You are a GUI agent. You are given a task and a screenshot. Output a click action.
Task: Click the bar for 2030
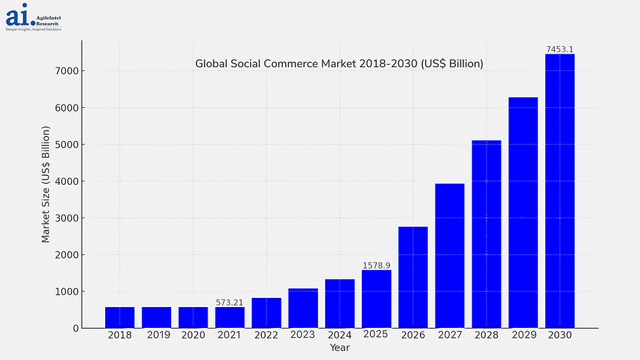[x=560, y=191]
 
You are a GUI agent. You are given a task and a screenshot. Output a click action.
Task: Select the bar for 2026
[x=413, y=277]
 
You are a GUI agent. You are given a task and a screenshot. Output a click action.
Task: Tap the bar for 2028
[x=487, y=234]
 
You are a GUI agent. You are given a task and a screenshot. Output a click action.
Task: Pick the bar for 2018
[x=120, y=318]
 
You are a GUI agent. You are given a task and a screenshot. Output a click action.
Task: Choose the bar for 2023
[x=303, y=308]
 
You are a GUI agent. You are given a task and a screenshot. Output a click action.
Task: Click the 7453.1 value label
[x=560, y=50]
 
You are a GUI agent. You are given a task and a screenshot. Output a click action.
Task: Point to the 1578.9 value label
[x=376, y=266]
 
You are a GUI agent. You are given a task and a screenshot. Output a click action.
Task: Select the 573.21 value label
[x=229, y=303]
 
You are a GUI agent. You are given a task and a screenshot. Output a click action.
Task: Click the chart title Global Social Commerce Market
[x=339, y=64]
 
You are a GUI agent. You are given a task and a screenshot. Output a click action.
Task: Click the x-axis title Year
[x=340, y=348]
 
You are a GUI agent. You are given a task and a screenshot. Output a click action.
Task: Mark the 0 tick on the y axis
[x=76, y=329]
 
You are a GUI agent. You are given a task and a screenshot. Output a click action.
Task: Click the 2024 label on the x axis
[x=340, y=335]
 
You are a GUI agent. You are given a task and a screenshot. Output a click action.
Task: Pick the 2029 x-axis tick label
[x=523, y=335]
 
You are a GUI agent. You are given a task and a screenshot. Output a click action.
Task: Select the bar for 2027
[x=450, y=255]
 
